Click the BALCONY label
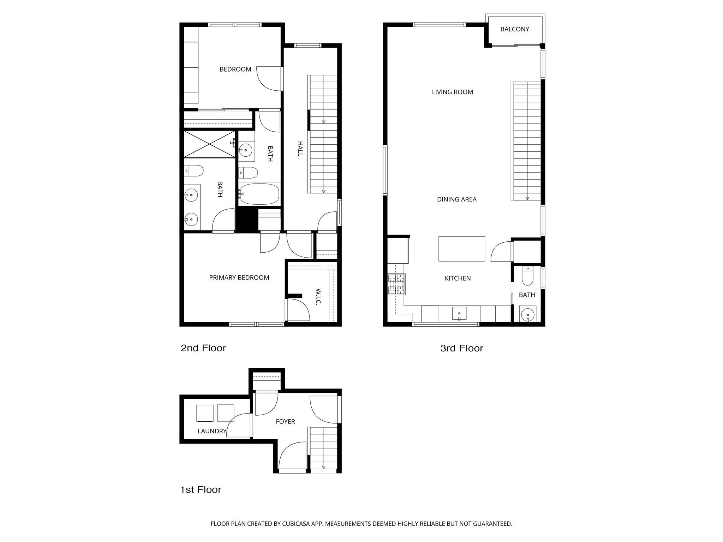(514, 29)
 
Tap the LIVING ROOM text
(452, 92)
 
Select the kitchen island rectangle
(461, 249)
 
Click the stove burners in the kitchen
(396, 284)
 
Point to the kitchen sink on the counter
(459, 313)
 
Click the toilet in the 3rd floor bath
(527, 277)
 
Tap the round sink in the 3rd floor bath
(527, 313)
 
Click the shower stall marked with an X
(209, 144)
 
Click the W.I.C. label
(318, 297)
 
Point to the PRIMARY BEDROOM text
(239, 278)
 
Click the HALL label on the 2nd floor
(300, 149)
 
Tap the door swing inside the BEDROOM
(268, 78)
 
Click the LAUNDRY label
(212, 431)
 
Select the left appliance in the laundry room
(205, 413)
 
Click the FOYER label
(285, 422)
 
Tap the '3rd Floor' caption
(461, 348)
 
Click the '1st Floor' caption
(201, 490)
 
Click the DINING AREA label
(456, 199)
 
